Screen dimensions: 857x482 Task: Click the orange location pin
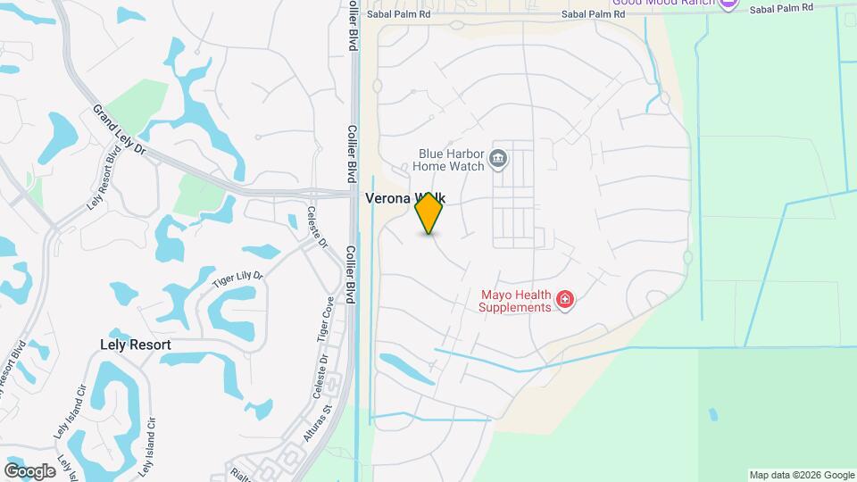coord(429,213)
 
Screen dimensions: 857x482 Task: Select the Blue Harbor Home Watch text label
coord(452,159)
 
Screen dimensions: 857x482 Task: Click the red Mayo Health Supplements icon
coord(564,300)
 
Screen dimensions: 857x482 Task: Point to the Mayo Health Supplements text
coord(515,301)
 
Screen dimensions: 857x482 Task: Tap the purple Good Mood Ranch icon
coord(728,4)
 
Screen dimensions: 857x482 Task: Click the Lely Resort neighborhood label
coord(136,344)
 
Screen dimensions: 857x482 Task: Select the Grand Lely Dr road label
coord(119,130)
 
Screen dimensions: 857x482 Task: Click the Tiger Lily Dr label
coord(238,279)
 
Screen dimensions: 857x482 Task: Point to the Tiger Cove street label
coord(326,319)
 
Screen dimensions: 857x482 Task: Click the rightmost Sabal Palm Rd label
coord(781,9)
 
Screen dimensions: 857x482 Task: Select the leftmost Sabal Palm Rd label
coord(399,14)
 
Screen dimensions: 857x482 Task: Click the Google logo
coord(29,470)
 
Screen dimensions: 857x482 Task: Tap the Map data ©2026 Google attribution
coord(801,475)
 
